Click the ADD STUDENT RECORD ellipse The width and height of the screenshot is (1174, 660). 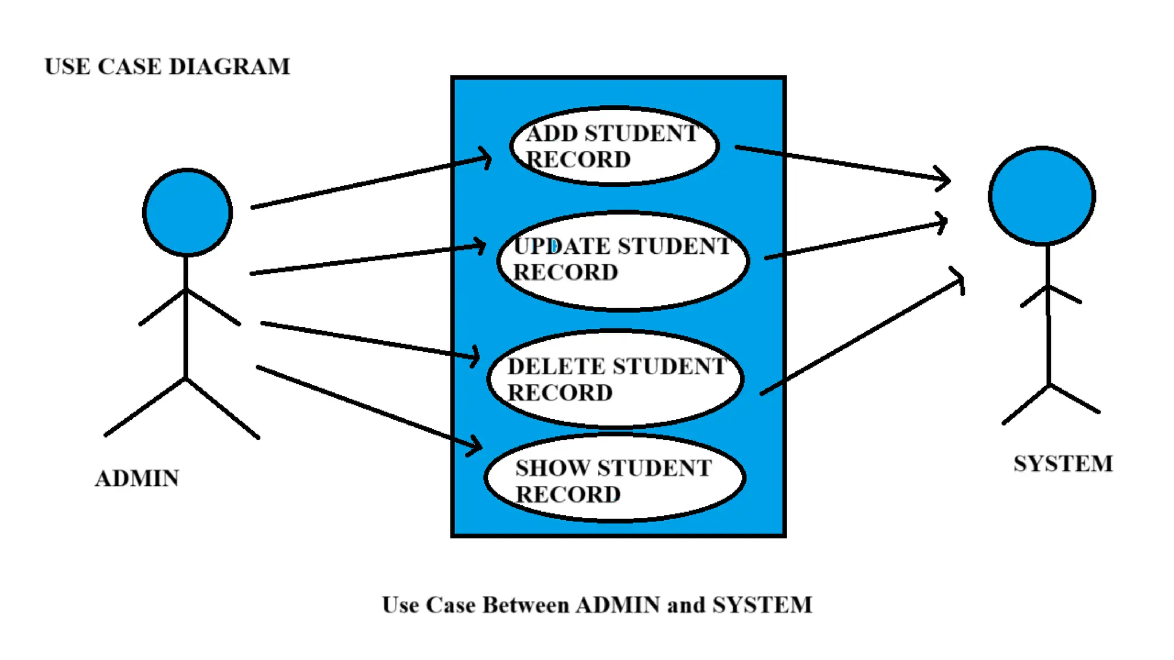(614, 146)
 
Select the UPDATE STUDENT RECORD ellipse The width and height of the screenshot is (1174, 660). (623, 261)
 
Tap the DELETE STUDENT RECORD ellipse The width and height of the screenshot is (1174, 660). (616, 379)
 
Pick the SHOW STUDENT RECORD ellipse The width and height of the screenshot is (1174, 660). (615, 478)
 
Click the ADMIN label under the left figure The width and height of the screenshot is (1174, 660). (137, 478)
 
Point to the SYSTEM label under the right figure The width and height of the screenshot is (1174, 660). (1063, 463)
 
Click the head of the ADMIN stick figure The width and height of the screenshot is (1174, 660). (187, 212)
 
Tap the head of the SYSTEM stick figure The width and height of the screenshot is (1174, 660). (1042, 196)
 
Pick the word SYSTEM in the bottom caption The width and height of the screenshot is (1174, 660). (762, 605)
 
